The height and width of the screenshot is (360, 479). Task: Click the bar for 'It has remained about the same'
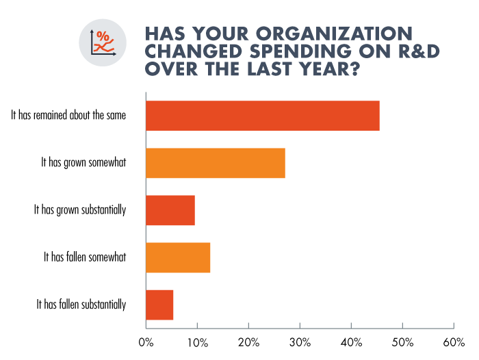pyautogui.click(x=263, y=115)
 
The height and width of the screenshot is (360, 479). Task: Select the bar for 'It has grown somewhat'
pyautogui.click(x=216, y=163)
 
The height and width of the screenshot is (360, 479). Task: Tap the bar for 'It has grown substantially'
pyautogui.click(x=170, y=210)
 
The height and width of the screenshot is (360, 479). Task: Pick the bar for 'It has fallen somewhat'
pyautogui.click(x=178, y=257)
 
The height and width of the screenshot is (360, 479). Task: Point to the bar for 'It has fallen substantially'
pyautogui.click(x=159, y=305)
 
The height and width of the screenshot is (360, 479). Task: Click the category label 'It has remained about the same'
pyautogui.click(x=68, y=115)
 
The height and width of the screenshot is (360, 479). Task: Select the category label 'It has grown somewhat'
pyautogui.click(x=83, y=163)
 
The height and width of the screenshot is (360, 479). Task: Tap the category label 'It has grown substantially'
pyautogui.click(x=80, y=210)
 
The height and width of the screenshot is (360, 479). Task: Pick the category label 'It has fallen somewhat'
pyautogui.click(x=85, y=257)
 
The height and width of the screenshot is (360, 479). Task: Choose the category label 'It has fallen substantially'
pyautogui.click(x=81, y=305)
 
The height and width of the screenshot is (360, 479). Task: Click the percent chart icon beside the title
pyautogui.click(x=103, y=42)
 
